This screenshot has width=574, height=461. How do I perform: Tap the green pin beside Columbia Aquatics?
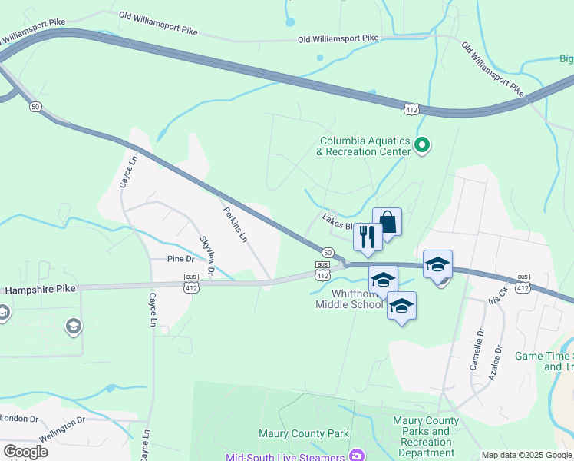click(421, 144)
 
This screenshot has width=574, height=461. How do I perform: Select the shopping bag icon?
click(388, 223)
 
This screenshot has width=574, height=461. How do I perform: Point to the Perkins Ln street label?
click(235, 224)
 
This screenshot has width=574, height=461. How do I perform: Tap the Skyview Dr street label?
click(207, 257)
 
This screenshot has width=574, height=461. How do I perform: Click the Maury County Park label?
click(303, 434)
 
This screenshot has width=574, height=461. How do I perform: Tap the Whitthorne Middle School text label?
click(349, 298)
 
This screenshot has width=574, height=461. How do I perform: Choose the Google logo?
click(25, 452)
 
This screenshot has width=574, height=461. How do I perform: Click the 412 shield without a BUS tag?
click(412, 110)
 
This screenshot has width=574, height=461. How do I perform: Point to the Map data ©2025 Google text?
click(526, 455)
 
